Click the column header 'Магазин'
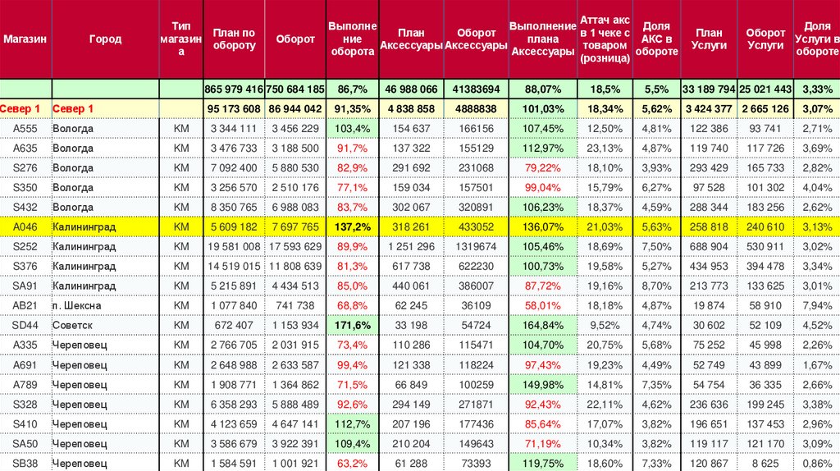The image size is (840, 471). (25, 39)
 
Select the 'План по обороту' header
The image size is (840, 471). (234, 39)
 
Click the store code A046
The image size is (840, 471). (25, 226)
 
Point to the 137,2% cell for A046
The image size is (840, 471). (353, 226)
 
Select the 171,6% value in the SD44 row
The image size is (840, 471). (353, 325)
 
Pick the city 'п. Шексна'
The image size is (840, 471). (76, 305)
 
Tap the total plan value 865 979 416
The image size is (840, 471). (234, 89)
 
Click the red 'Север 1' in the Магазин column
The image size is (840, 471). (24, 108)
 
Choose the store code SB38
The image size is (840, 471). (25, 463)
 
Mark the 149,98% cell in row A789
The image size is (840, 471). (542, 384)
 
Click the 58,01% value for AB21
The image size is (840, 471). (542, 305)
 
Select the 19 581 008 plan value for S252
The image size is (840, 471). (234, 246)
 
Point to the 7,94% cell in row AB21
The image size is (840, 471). (817, 305)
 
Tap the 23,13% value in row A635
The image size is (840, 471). (605, 148)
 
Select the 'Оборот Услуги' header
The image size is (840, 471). (765, 39)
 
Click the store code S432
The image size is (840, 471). (25, 207)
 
